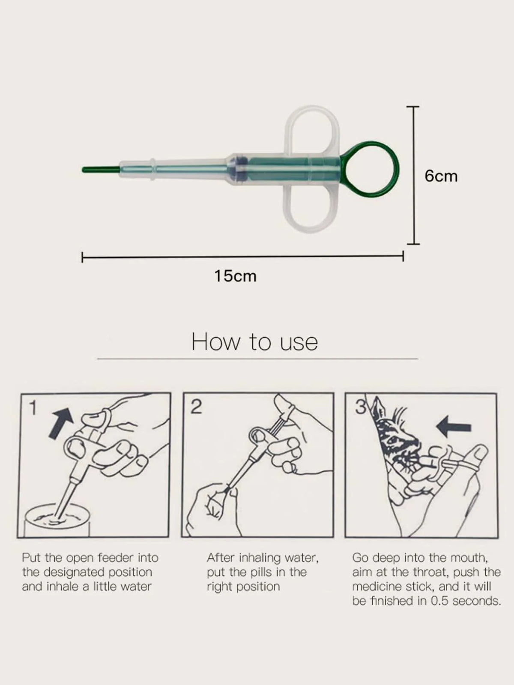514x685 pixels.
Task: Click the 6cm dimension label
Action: point(441,176)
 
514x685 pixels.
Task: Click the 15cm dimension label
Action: point(236,276)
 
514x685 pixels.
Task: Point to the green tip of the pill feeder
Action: point(100,170)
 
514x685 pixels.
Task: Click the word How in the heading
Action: point(216,342)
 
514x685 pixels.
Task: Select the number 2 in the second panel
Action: point(196,407)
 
